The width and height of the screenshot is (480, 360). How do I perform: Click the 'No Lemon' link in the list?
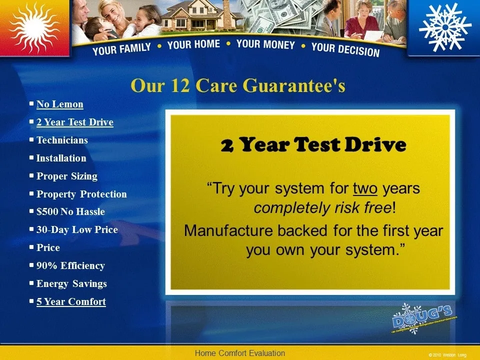tap(59, 104)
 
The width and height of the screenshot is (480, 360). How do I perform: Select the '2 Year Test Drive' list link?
tap(74, 122)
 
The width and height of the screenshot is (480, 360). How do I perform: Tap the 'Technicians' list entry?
tap(62, 140)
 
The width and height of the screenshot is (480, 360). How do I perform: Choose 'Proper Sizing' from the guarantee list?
tap(66, 176)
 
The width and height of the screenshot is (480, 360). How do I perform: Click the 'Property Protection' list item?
tap(81, 194)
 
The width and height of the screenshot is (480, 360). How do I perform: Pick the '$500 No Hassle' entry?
tap(70, 212)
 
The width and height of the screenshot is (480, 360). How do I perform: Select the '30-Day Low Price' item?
tap(77, 230)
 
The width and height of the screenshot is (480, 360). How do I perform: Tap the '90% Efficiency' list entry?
tap(70, 266)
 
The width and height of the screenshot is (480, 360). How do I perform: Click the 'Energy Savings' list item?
tap(71, 284)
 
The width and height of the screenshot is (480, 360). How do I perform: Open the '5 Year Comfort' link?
tap(71, 302)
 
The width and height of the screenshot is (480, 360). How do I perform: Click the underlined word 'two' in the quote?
tap(365, 188)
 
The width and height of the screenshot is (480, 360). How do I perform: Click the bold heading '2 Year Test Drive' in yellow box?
tap(313, 145)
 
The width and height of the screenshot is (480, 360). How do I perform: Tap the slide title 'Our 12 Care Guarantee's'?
tap(238, 86)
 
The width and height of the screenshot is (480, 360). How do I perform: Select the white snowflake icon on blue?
tap(444, 26)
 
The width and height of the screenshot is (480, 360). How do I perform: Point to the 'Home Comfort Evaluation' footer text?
tap(239, 353)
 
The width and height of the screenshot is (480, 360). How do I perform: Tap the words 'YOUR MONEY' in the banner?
tap(265, 44)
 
